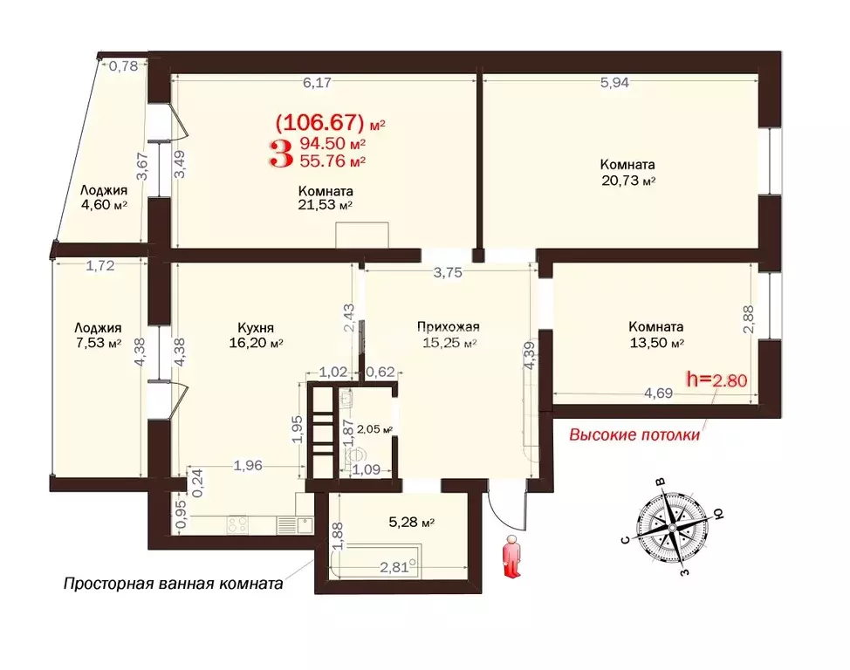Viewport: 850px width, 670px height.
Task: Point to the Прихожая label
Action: click(448, 327)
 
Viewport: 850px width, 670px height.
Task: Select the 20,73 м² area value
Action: click(627, 181)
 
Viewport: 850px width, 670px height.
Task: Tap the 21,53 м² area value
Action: click(325, 206)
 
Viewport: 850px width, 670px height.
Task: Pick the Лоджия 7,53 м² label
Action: click(96, 336)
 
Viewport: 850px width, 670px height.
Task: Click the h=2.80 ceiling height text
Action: click(718, 379)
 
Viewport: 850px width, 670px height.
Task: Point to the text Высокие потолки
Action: click(634, 435)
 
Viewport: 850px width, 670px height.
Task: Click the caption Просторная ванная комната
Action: click(173, 584)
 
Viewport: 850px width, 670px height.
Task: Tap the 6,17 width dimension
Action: click(318, 83)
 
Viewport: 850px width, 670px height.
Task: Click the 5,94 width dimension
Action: click(614, 83)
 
